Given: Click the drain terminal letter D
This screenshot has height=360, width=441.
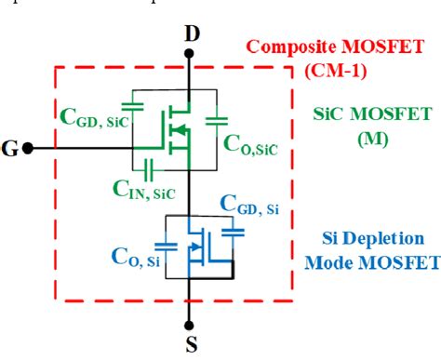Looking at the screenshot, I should pos(192,33).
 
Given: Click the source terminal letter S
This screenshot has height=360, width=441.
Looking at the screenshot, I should pos(192,345).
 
